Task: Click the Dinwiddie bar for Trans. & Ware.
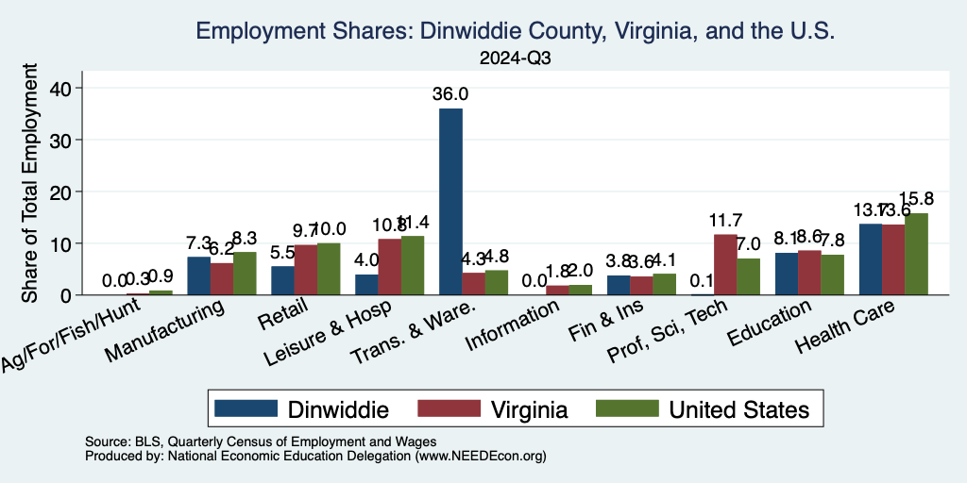450,202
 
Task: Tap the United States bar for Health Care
916,254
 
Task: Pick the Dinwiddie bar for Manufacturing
198,275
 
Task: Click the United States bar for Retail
328,269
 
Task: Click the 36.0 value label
450,93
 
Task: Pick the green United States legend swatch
625,408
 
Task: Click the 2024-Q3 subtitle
515,58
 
